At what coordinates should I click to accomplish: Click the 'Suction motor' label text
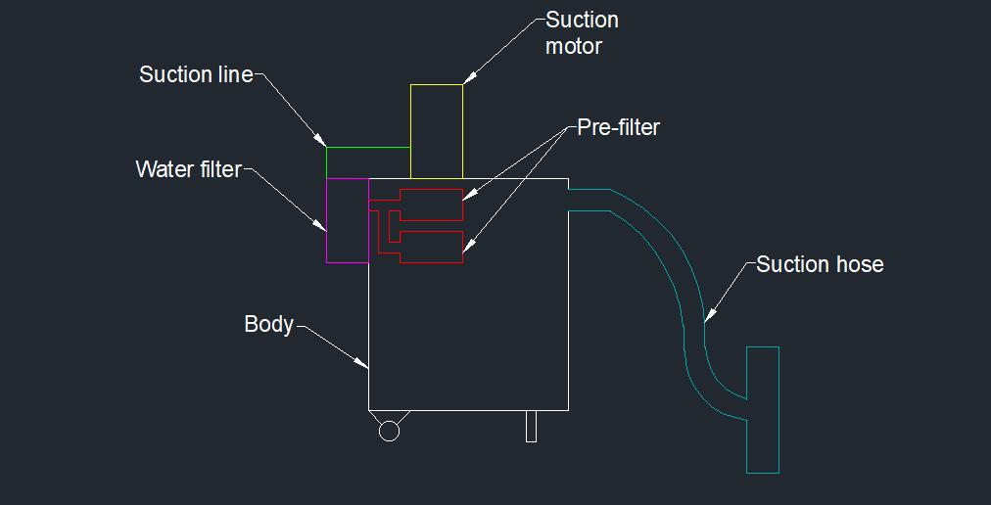coord(582,32)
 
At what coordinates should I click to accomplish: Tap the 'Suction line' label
coord(196,74)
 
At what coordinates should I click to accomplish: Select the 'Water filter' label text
coord(188,169)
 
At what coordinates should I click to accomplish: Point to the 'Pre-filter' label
coord(618,127)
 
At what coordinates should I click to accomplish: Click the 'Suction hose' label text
coord(820,264)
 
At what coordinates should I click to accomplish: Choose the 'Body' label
coord(268,324)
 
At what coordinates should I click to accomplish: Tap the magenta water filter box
coord(347,220)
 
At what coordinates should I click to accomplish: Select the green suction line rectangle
coord(367,162)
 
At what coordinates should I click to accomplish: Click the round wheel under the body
coord(389,431)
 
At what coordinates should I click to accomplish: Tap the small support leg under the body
coord(531,426)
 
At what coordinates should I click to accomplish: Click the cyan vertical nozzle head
coord(763,409)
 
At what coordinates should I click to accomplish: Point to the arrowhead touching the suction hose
coord(710,314)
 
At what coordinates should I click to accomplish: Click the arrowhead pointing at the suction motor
coord(467,78)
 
